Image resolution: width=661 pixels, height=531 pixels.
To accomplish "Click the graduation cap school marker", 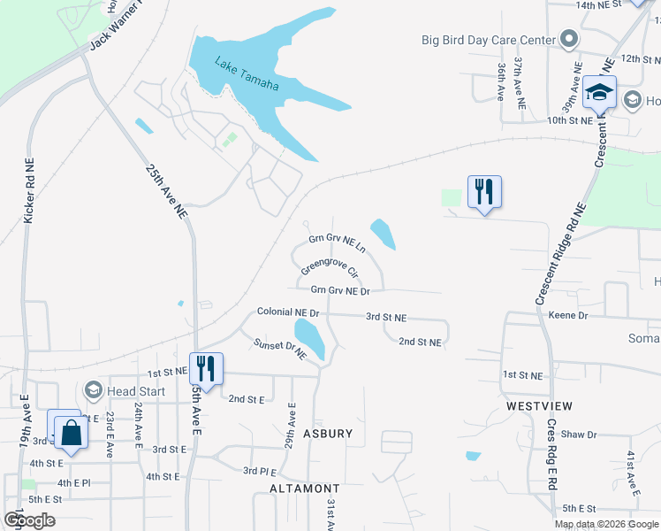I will (599, 93).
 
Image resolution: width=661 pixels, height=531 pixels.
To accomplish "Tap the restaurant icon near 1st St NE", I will (206, 367).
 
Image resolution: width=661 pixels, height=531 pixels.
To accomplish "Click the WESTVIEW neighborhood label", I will (539, 405).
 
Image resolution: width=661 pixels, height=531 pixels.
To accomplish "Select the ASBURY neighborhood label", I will (328, 434).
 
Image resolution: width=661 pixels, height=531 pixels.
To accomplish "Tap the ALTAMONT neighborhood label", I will (305, 489).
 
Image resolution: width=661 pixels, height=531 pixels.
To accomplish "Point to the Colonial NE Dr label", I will (288, 312).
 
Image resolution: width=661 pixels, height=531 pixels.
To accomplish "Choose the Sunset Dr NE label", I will (279, 350).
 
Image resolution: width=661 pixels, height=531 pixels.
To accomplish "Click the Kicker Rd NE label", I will (28, 191).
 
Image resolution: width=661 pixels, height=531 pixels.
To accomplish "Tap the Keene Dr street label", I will (567, 315).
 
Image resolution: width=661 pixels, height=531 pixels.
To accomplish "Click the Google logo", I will (29, 520).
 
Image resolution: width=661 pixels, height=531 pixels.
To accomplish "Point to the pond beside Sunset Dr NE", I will (309, 337).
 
